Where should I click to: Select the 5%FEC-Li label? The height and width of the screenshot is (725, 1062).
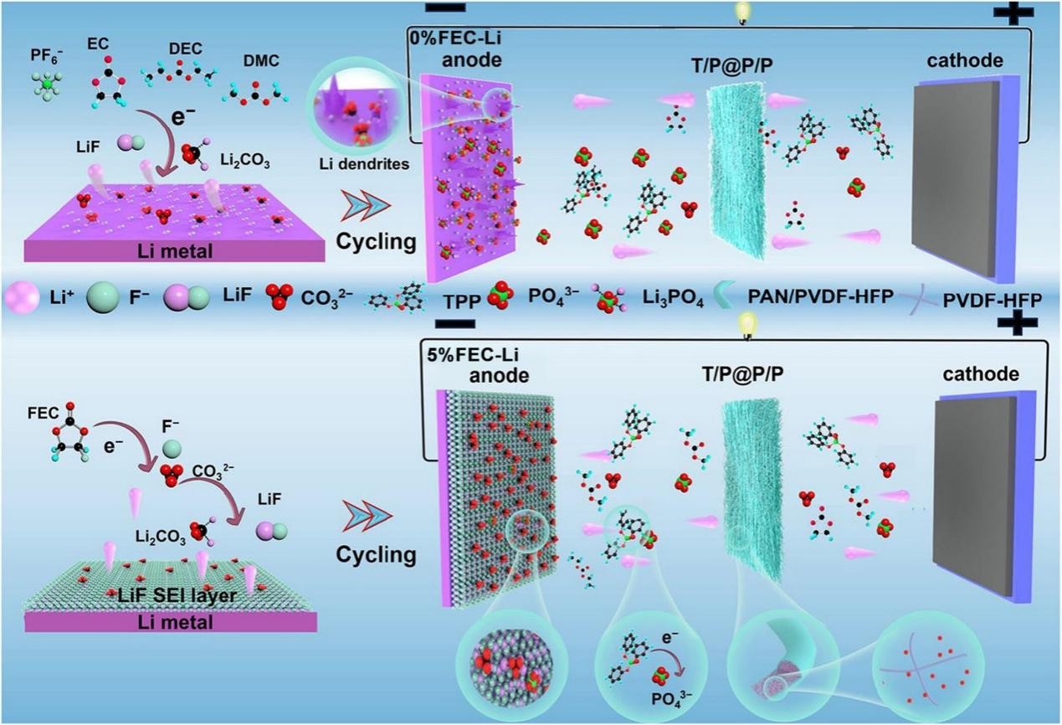click(x=464, y=354)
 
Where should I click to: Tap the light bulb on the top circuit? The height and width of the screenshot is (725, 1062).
click(x=741, y=11)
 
